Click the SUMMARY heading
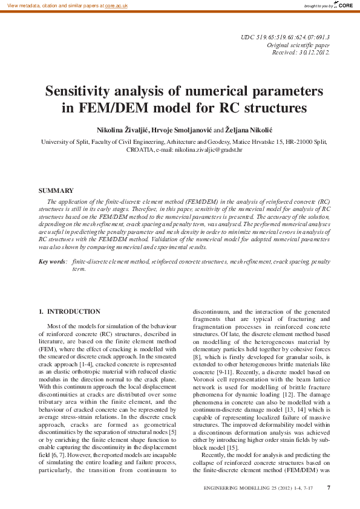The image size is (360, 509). click(56, 190)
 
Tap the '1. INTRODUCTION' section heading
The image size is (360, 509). click(70, 311)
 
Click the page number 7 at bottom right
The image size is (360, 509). click(329, 488)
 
